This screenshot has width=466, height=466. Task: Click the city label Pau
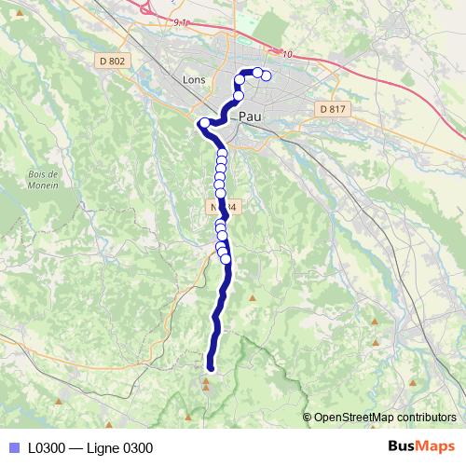pyautogui.click(x=251, y=117)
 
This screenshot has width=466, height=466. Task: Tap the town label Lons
pyautogui.click(x=195, y=80)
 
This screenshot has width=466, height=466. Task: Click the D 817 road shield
pyautogui.click(x=331, y=109)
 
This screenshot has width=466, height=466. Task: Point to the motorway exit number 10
pyautogui.click(x=287, y=55)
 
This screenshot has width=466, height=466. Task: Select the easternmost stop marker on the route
pyautogui.click(x=267, y=76)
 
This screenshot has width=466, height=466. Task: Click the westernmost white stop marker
pyautogui.click(x=204, y=122)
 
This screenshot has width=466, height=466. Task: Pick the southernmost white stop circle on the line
pyautogui.click(x=226, y=259)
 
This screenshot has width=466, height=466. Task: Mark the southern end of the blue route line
pyautogui.click(x=210, y=368)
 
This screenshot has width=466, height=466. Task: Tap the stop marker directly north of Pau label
pyautogui.click(x=239, y=95)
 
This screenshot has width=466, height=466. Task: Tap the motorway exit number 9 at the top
pyautogui.click(x=175, y=20)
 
